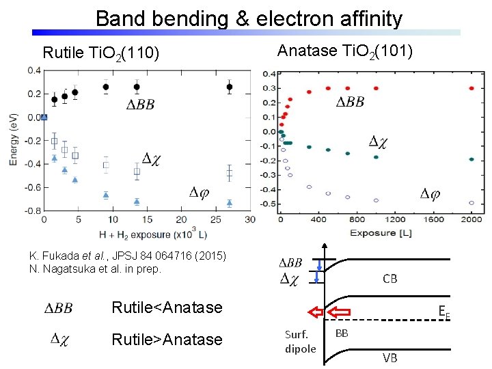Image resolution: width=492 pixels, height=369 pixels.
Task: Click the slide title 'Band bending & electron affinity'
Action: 249,18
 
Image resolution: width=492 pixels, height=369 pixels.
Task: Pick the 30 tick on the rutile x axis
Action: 250,219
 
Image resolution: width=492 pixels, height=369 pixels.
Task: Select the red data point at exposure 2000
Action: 472,88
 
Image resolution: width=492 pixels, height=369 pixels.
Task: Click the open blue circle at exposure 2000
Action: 472,203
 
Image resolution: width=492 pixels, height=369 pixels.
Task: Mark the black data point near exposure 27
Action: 230,87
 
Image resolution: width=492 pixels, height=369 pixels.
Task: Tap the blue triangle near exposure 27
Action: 230,202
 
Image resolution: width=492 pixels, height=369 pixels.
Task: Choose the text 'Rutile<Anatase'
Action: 167,307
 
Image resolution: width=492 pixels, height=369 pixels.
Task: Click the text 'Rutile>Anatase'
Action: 167,340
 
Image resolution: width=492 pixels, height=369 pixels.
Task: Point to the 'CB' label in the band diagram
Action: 390,279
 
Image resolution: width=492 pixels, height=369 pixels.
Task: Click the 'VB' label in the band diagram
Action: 389,357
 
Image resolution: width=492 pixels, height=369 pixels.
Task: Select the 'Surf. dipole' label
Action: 301,342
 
